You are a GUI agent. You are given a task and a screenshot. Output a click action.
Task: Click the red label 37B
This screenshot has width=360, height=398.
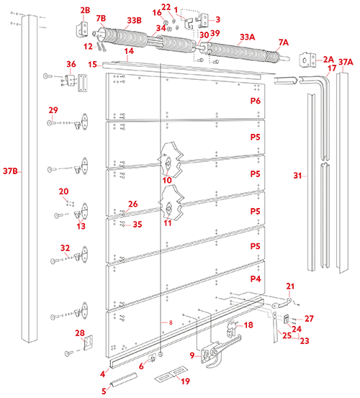10,171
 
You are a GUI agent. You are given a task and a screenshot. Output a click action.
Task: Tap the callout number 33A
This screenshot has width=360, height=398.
248,37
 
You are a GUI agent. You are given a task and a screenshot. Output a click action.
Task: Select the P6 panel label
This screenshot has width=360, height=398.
256,101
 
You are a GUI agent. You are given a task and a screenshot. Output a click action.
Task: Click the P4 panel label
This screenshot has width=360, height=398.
256,279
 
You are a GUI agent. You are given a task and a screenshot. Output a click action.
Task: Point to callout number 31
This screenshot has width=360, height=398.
297,176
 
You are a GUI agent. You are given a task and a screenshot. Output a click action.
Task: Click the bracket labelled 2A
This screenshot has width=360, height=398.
307,60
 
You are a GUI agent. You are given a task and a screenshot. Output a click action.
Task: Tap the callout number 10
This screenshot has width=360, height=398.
167,180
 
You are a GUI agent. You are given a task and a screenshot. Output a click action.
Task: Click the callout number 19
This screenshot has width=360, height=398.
186,381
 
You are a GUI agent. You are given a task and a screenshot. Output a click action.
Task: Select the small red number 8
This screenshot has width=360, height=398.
171,322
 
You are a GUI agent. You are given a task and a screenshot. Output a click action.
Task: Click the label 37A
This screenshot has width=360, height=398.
346,62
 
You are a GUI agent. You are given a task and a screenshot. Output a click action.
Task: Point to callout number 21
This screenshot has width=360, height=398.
290,286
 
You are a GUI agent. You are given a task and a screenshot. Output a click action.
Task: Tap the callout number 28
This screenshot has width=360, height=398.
80,333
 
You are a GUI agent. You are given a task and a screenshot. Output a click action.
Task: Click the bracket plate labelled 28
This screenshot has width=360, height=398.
88,343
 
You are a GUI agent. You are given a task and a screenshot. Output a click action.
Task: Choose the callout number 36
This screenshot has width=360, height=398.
71,64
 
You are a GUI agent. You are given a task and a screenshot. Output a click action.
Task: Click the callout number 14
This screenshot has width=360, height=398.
129,51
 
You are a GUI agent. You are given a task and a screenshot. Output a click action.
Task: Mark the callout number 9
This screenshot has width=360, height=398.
192,356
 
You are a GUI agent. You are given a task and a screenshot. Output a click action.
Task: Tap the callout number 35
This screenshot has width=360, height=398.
138,225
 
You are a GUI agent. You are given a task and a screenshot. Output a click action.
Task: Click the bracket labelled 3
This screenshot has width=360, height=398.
204,20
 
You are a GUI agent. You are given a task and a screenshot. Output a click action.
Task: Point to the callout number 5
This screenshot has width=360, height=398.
104,391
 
